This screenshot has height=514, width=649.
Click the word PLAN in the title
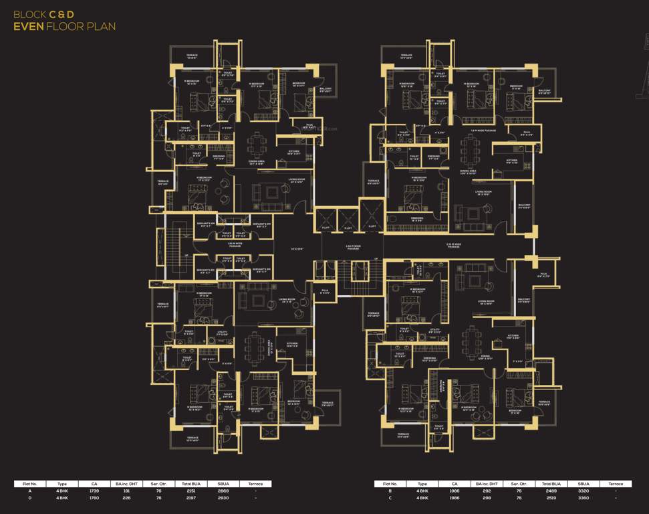pos(98,27)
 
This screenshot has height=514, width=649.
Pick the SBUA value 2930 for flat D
pos(222,498)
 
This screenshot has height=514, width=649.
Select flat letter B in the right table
pos(390,491)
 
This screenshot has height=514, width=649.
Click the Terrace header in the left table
pos(255,483)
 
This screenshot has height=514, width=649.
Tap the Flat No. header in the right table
pos(390,483)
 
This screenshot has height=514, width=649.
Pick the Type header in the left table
pos(62,483)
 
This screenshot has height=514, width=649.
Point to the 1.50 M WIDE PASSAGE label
pos(235,246)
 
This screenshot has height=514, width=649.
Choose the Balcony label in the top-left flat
pos(326,89)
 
